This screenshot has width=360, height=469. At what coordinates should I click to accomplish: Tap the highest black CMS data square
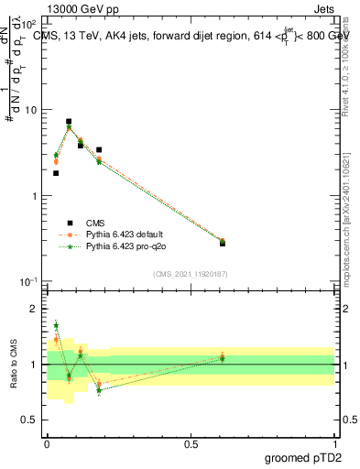(69, 121)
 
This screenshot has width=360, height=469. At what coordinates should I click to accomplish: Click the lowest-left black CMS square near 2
(56, 173)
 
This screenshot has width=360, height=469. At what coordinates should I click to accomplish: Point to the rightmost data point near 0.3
(223, 242)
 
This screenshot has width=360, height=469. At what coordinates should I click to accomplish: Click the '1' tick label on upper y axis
(33, 196)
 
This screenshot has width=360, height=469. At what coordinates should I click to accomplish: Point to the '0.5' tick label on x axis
(191, 443)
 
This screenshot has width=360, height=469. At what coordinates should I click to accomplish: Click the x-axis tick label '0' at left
(47, 443)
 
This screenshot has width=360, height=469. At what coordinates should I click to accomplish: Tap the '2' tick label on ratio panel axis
(34, 310)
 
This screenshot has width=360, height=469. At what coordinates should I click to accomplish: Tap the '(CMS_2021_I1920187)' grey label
(191, 274)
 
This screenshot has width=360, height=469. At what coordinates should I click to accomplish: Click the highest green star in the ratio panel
(56, 325)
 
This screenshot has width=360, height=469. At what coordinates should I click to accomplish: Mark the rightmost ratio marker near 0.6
(223, 357)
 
